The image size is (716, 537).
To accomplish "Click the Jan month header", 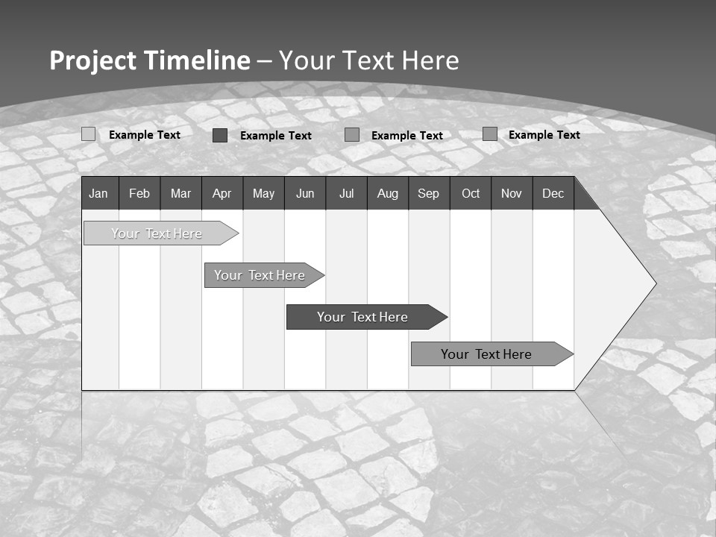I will [x=98, y=194].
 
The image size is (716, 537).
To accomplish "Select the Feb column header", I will [x=139, y=194].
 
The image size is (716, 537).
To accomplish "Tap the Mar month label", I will [x=180, y=194].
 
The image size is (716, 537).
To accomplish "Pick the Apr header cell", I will [x=222, y=194].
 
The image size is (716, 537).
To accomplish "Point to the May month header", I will [x=263, y=194].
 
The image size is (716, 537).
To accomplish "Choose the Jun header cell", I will [x=305, y=194].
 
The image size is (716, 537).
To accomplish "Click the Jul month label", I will [x=346, y=194].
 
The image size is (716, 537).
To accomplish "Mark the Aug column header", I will [x=387, y=194].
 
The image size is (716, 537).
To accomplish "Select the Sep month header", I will [x=428, y=194].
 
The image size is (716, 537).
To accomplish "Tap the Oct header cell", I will [x=471, y=194].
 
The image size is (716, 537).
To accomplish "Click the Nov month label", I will [x=512, y=194].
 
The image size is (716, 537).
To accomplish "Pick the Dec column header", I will [x=553, y=194].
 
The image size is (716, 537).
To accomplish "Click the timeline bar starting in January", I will [x=157, y=233].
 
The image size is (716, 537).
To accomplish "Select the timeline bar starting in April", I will [x=260, y=275].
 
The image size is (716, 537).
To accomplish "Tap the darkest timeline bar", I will [x=362, y=317].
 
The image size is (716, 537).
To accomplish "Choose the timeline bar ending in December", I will [x=486, y=354].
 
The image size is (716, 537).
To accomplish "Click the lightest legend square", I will [x=88, y=134].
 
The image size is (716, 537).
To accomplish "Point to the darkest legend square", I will [x=220, y=135].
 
